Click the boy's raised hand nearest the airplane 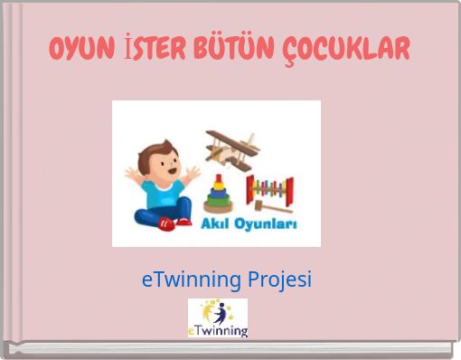click(x=193, y=172)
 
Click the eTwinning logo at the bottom click(x=218, y=318)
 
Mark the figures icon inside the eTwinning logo click(x=220, y=311)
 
